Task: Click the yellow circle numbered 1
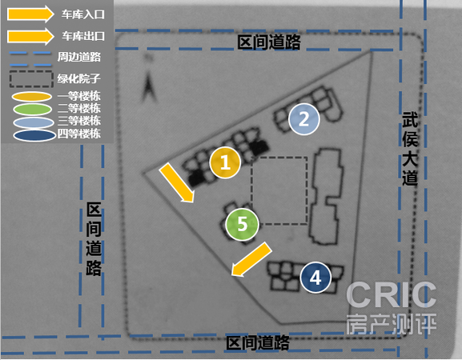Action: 225,162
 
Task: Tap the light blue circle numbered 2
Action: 303,119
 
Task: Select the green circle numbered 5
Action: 242,224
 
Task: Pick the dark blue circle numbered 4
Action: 315,278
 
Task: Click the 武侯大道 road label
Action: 410,149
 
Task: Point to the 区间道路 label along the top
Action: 269,42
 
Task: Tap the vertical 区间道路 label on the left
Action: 94,239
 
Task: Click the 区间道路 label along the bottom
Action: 258,343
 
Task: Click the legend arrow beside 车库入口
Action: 30,14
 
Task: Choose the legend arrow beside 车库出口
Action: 30,36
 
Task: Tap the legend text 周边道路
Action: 79,57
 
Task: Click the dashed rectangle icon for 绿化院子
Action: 31,71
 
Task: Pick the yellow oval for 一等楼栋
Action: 32,97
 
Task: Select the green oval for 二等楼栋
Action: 32,110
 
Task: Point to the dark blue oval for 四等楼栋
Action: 34,135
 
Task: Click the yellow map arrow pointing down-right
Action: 177,183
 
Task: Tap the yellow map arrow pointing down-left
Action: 251,259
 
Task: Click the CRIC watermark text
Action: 391,294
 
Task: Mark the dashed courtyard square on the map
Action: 251,190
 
